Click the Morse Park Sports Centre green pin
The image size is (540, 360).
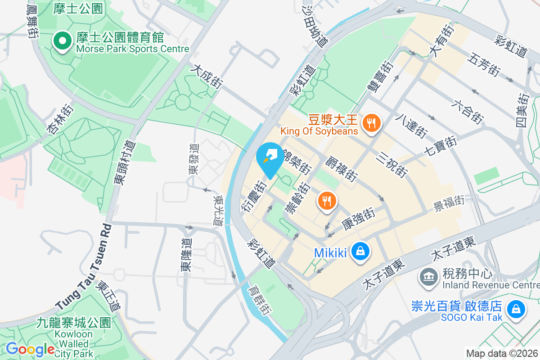(x=62, y=41)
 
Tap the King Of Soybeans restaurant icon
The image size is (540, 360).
(x=372, y=123)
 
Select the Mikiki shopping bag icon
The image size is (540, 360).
(x=360, y=252)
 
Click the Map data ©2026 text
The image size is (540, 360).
(x=502, y=353)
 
